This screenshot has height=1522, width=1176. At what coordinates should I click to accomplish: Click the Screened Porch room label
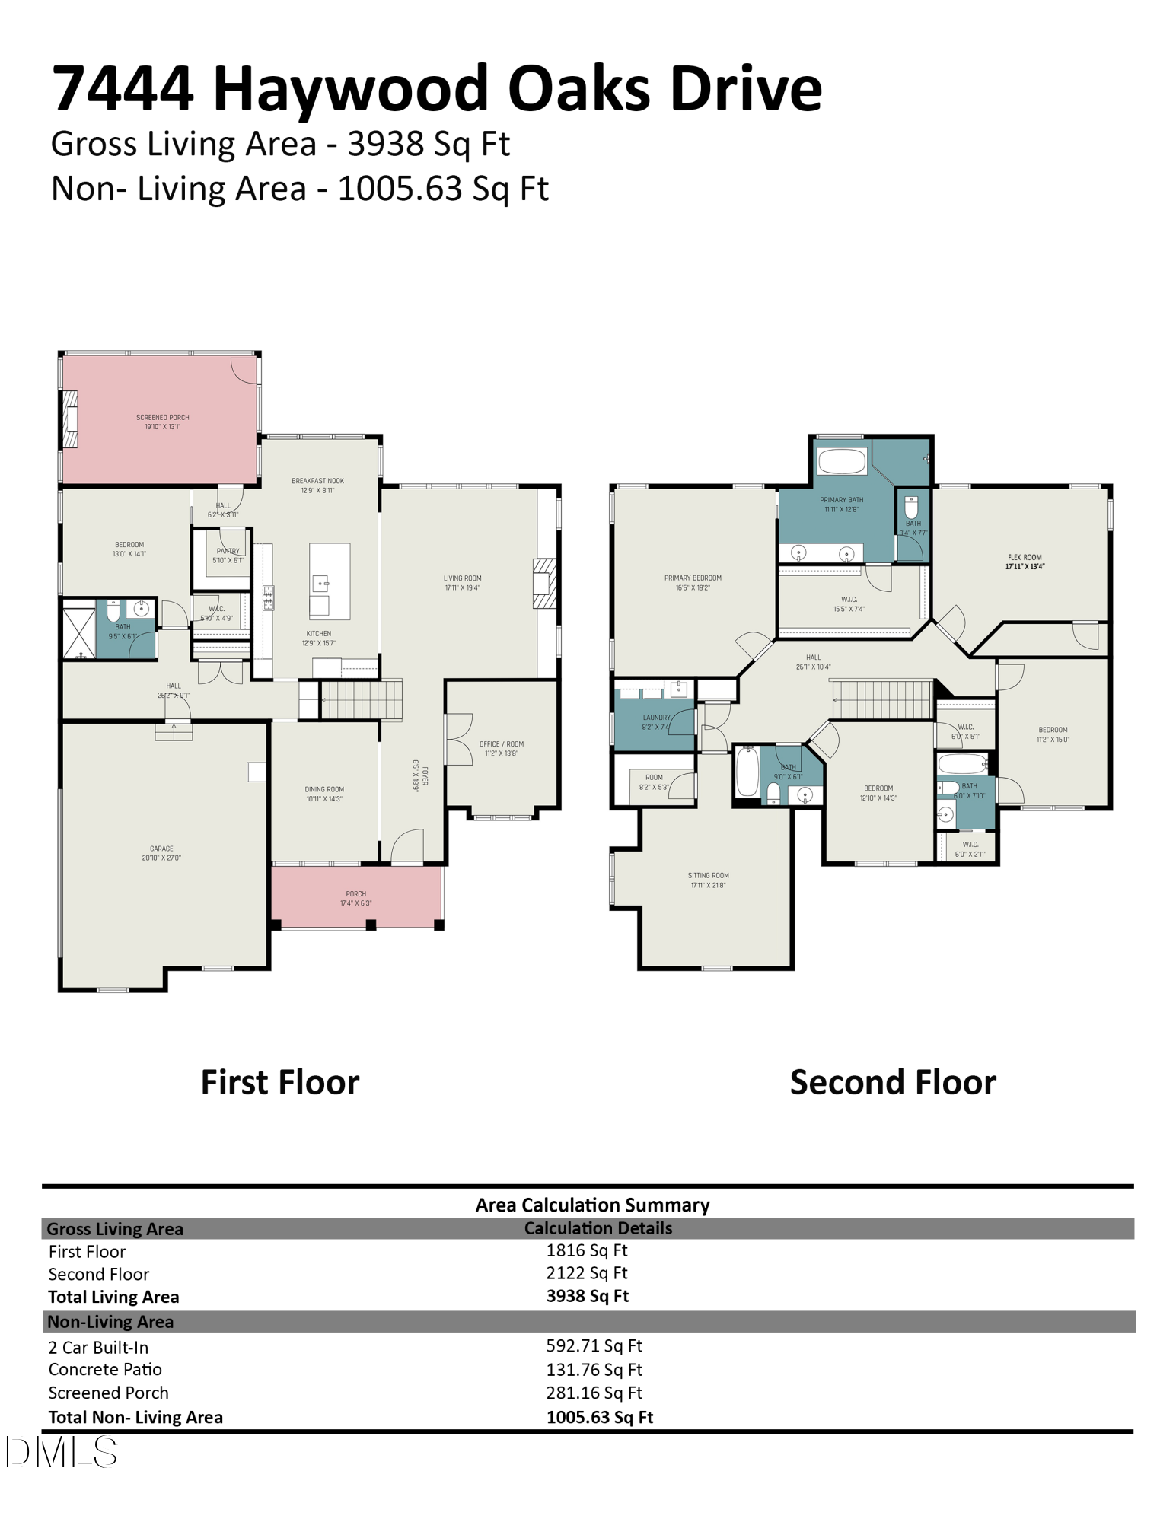click(162, 422)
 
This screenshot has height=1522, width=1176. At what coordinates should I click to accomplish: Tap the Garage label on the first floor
click(161, 852)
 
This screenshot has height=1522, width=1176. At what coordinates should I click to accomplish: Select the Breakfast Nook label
click(317, 486)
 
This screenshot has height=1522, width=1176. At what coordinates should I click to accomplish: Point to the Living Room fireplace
click(543, 584)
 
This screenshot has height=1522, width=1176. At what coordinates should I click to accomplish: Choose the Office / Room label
click(501, 748)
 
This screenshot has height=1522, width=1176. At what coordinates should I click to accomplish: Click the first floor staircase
click(361, 699)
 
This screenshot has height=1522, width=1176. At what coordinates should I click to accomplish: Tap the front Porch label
click(355, 898)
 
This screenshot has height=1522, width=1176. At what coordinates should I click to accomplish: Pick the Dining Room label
click(324, 794)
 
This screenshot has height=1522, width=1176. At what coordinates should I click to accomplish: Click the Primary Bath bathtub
click(841, 461)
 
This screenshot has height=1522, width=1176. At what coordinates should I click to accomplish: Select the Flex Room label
click(1025, 562)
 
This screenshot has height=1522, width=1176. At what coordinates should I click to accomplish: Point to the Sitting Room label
click(708, 880)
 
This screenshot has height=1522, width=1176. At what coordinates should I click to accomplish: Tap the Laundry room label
click(656, 721)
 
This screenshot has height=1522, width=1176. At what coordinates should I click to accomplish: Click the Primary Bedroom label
click(692, 582)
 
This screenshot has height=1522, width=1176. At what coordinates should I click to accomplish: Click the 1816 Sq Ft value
click(586, 1250)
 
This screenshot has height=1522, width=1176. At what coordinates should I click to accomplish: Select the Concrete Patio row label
click(105, 1369)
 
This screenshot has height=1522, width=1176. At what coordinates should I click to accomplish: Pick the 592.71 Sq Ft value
click(594, 1345)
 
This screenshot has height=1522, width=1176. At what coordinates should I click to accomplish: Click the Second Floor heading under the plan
click(892, 1081)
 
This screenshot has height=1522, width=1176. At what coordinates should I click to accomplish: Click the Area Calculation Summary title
click(592, 1205)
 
